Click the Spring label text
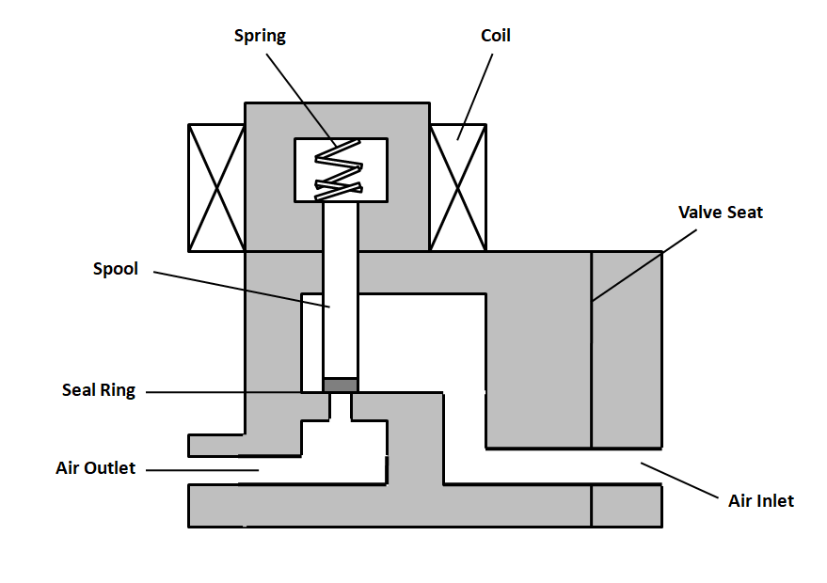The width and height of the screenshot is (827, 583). tap(259, 37)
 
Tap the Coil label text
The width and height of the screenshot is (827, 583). tap(495, 37)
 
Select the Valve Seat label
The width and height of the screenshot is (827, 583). tap(720, 213)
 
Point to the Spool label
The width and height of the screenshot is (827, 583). tap(115, 269)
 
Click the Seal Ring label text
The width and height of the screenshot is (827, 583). tap(99, 390)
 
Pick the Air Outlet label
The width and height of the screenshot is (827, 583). tap(96, 467)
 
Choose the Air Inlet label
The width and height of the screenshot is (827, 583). tap(760, 500)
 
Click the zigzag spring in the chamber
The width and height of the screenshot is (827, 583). tap(339, 169)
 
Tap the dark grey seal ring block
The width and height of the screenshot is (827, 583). tap(341, 385)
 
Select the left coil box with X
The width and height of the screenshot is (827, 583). tap(216, 188)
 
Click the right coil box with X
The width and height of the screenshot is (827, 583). tap(458, 188)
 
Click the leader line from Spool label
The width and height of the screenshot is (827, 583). tap(241, 290)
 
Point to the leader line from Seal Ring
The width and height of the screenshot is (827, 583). tap(235, 391)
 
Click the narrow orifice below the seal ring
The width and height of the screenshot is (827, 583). tap(341, 406)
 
